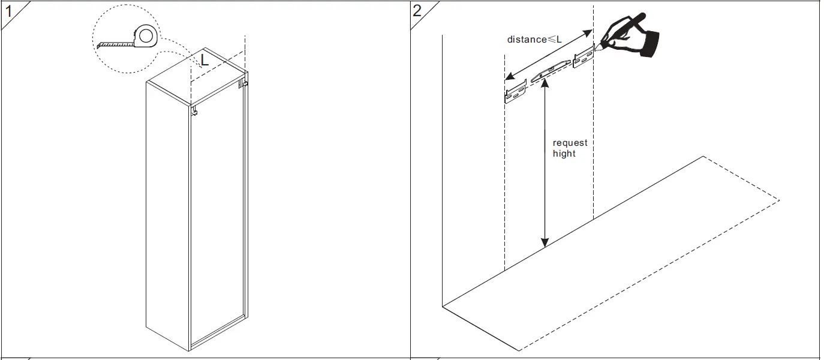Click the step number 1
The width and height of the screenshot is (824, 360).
(x=9, y=10)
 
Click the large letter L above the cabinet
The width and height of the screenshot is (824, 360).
(x=205, y=59)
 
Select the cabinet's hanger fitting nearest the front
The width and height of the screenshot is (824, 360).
(x=195, y=111)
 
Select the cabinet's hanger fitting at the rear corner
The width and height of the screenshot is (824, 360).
(x=243, y=83)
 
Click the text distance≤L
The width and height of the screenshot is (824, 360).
(x=534, y=40)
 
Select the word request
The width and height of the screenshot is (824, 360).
(x=570, y=143)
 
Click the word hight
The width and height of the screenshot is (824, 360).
(x=564, y=154)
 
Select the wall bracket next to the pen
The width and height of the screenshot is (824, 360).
(x=583, y=59)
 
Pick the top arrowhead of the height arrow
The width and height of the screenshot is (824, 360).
(x=545, y=86)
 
